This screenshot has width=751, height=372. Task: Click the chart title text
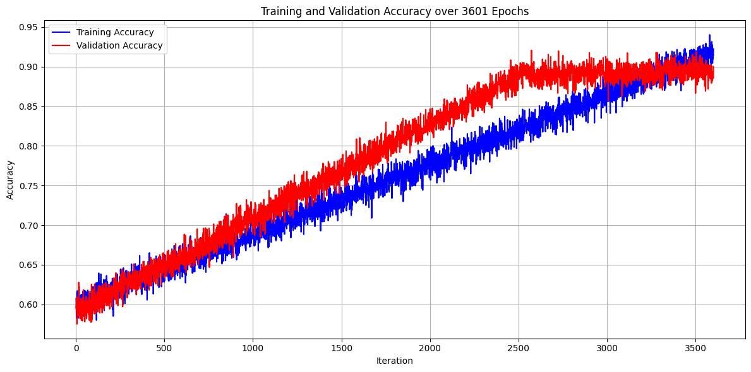[395, 11]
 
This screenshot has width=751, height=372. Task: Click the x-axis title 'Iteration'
[394, 361]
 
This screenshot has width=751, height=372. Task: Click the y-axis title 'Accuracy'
[10, 180]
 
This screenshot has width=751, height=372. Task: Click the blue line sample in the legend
[61, 32]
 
